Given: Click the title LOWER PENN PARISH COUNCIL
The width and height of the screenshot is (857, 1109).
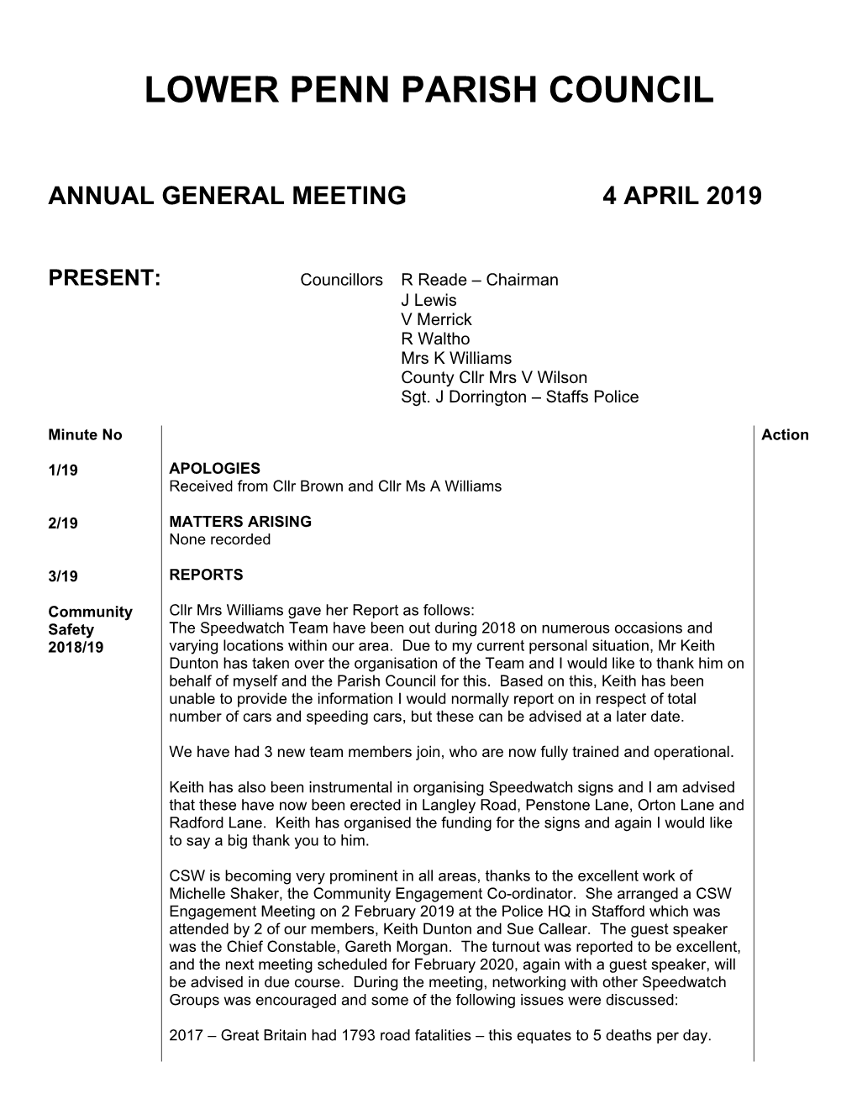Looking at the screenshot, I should pos(428,90).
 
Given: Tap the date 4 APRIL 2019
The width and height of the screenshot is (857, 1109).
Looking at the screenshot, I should pos(681,197).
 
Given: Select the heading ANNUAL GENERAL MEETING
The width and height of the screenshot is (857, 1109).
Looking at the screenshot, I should pos(228,197).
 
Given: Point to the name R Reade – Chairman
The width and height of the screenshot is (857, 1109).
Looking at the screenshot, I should pos(479,280).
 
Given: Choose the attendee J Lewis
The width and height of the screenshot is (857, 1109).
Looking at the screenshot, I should pos(428,300).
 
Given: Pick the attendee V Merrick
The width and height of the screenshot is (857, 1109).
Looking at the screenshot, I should pos(436,319).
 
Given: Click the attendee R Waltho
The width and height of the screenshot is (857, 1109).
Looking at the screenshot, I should pos(435,339).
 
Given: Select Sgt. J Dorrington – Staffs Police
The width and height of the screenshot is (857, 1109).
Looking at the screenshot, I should pos(519,397).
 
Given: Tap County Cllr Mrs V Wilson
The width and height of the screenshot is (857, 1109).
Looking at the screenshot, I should pos(494,377).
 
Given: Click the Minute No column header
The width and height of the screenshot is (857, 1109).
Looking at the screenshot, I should pos(85,434).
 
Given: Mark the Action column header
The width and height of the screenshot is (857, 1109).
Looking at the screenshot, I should pos(785,434).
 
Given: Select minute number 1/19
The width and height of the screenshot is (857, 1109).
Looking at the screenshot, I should pos(63,470).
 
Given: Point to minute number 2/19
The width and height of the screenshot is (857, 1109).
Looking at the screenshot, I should pos(63,523).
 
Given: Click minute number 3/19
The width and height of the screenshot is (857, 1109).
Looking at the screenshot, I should pos(63,576).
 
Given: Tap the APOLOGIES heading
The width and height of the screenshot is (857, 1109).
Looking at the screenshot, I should pos(214,469).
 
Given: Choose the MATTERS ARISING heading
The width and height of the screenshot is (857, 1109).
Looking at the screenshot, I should pos(240,522).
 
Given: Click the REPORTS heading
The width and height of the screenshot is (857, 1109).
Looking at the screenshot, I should pos(206,575).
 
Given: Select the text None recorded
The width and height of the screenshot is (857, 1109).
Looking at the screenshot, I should pos(219,539).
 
